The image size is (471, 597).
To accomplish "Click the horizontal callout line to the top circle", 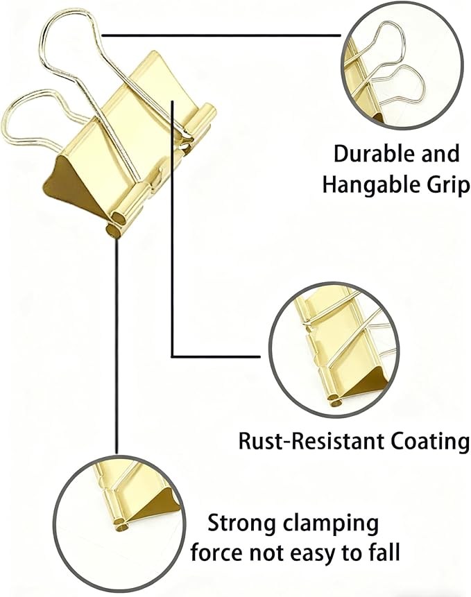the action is (x=221, y=35).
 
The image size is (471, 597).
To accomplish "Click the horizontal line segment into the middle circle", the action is (x=216, y=357).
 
